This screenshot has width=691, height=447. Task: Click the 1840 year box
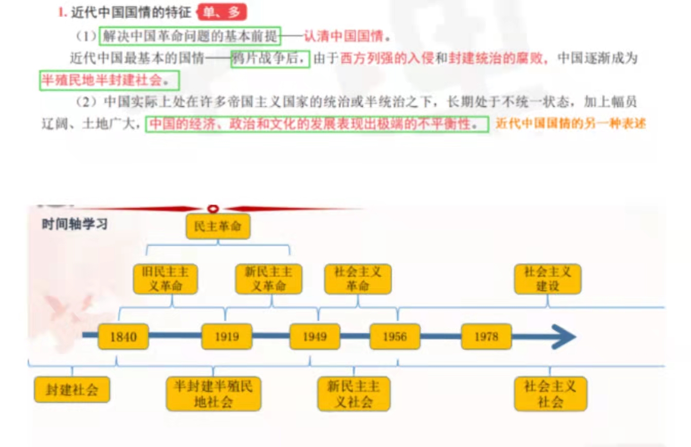pos(123,337)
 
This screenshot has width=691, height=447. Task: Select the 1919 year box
pos(227,337)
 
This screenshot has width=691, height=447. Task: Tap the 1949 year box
pos(315,337)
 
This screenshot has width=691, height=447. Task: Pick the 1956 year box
pos(395,337)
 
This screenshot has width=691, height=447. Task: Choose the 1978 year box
pos(486,337)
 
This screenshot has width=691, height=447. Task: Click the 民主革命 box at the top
pos(218,227)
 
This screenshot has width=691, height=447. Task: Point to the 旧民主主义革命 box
pos(165,279)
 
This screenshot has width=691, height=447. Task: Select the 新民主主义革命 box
pos(268,279)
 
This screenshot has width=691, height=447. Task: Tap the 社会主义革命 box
pos(358,279)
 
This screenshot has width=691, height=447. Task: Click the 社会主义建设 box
pos(548,279)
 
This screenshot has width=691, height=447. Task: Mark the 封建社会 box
pos(72,390)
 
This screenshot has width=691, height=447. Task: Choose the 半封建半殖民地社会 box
pos(213,394)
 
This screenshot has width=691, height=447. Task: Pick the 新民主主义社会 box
pos(354,394)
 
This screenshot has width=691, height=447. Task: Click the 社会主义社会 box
pos(550,394)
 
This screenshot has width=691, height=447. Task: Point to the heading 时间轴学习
pos(75,225)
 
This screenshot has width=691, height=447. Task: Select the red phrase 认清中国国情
pos(343,36)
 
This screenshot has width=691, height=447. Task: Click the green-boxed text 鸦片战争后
pos(270,59)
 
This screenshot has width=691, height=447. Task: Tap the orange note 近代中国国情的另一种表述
pos(571,124)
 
